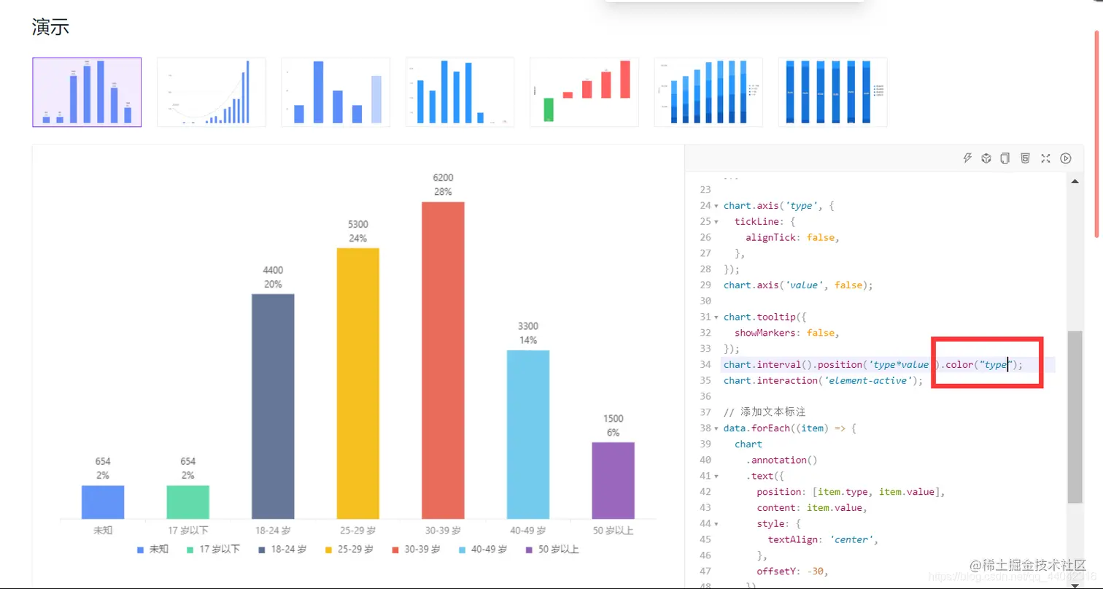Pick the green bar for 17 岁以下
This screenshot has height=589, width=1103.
(187, 502)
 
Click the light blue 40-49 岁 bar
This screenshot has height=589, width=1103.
(528, 434)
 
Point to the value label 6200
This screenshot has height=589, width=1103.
(443, 178)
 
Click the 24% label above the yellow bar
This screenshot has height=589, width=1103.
(357, 238)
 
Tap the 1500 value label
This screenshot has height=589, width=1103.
(613, 419)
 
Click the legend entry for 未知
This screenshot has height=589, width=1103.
(153, 549)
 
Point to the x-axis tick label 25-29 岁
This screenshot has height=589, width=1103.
(357, 531)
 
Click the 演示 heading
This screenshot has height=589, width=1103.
(50, 28)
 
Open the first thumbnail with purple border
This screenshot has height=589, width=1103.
(87, 92)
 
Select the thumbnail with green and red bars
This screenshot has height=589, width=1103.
(584, 92)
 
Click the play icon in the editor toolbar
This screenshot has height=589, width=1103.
(1066, 158)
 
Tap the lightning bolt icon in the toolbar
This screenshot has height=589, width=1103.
(967, 158)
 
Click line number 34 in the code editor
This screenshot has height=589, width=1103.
(705, 364)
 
